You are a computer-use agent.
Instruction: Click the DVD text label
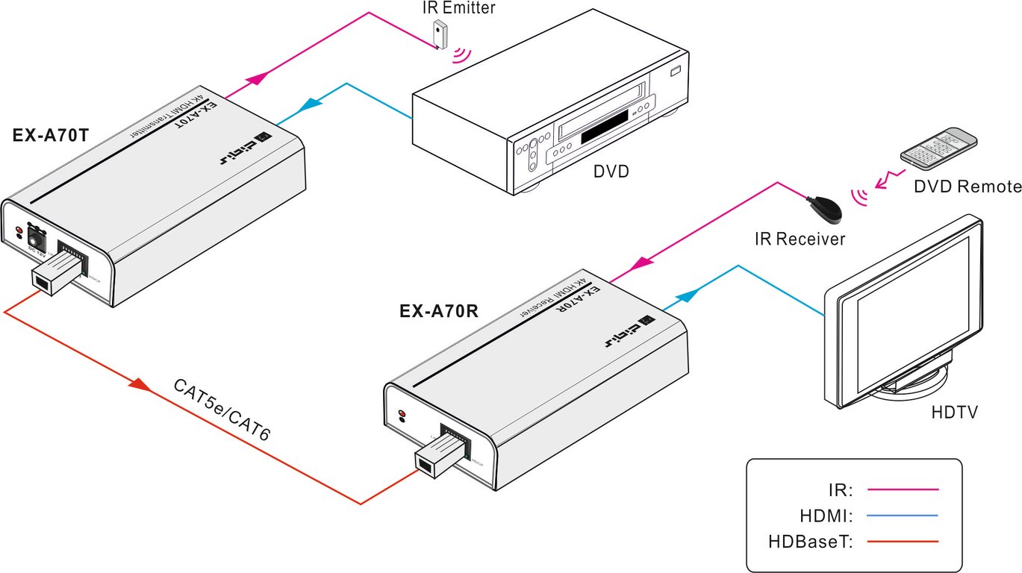(x=611, y=172)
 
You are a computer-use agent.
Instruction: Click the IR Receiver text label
(x=800, y=239)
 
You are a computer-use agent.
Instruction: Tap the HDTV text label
(x=955, y=412)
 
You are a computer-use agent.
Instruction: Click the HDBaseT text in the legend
(x=810, y=541)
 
